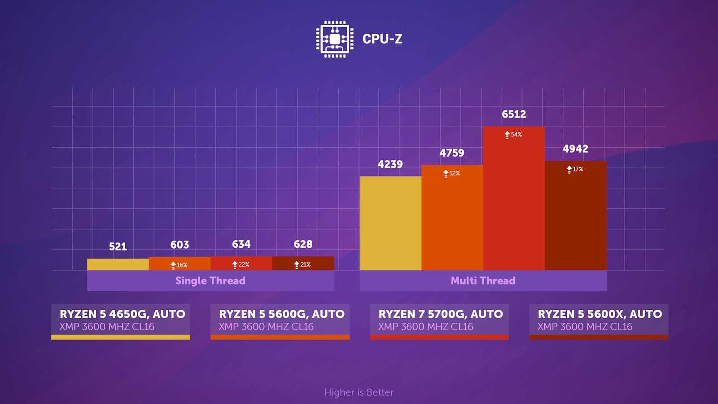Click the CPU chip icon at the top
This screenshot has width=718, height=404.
tap(334, 39)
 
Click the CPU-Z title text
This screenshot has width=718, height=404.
tap(382, 39)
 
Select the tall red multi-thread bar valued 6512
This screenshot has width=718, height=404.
tap(514, 202)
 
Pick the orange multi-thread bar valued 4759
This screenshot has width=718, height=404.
tap(452, 220)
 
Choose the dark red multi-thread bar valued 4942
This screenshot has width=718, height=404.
tap(575, 218)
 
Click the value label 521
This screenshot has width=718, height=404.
tap(118, 246)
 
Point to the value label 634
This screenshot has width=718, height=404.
tap(241, 244)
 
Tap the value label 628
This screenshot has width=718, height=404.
tap(303, 244)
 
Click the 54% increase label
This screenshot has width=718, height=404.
tap(513, 135)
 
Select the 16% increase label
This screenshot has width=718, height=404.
tap(179, 265)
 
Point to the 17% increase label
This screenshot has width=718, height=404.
tap(575, 169)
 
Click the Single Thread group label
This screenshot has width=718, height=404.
tap(210, 281)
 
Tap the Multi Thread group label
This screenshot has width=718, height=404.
tap(483, 281)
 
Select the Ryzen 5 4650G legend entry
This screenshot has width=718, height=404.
tap(121, 321)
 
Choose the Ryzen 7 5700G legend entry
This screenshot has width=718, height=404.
tap(439, 321)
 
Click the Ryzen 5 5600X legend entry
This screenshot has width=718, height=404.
tap(599, 321)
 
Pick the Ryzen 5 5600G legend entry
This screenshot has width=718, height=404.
tap(280, 321)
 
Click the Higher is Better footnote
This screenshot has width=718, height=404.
tap(359, 392)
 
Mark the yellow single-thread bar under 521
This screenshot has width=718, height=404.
tap(118, 264)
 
